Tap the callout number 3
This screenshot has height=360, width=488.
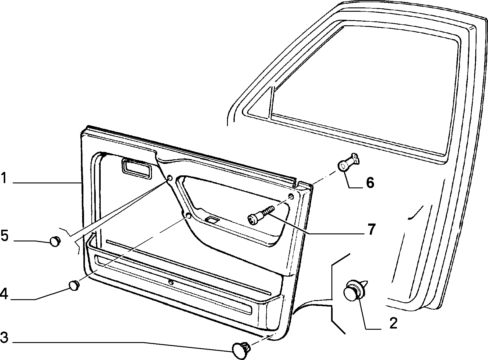[x=4, y=337]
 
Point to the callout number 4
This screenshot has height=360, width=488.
[x=4, y=294]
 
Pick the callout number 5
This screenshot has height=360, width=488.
[x=4, y=236]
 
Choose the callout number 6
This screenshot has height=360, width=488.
[x=370, y=182]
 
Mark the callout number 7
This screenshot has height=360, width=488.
[x=371, y=229]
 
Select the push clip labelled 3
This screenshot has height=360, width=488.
[x=241, y=350]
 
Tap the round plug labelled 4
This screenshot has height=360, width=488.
[x=74, y=286]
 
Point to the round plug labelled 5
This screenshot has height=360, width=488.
[x=55, y=241]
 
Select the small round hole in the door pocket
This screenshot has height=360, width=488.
[x=170, y=282]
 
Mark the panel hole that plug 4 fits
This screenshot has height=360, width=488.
[x=188, y=215]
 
